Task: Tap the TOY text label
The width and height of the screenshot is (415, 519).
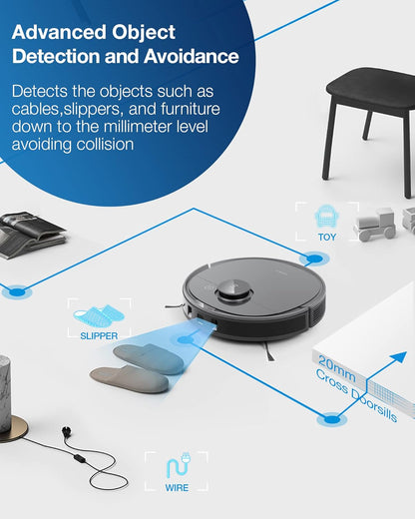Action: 327,238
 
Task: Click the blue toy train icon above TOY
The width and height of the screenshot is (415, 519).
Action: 326,217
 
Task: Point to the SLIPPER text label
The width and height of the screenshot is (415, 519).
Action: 99,336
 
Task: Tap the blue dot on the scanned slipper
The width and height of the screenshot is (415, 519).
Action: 183,341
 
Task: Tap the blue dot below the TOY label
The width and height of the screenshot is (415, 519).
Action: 315,259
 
